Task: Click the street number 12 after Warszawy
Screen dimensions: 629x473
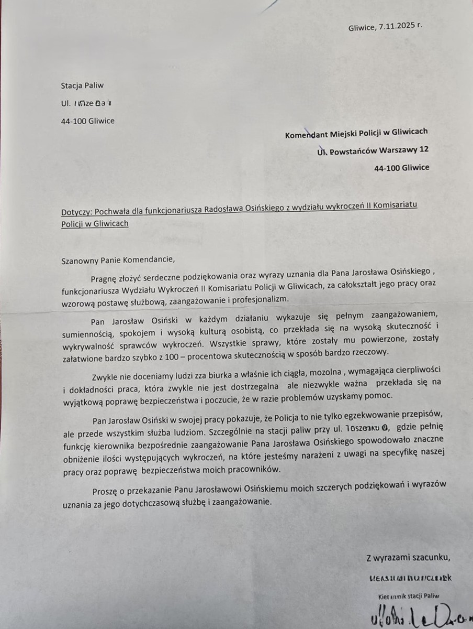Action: (x=424, y=150)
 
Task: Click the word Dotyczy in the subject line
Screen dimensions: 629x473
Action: (x=76, y=214)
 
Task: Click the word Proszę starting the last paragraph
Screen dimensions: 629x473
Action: (x=104, y=489)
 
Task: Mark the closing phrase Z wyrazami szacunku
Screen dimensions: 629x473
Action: (x=408, y=558)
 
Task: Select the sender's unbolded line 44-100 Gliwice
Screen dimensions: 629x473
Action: (x=88, y=121)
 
